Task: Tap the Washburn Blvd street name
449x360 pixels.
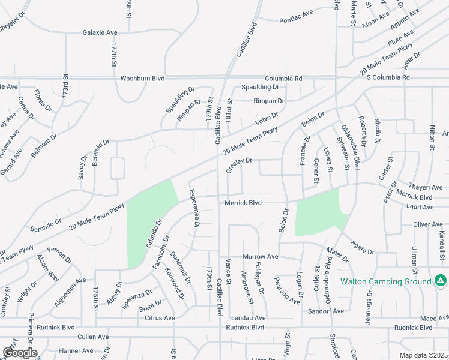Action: [142, 78]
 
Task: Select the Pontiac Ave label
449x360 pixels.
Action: [296, 20]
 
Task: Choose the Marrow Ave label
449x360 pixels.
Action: [261, 257]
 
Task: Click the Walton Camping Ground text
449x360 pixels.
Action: [385, 281]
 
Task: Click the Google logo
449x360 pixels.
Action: [19, 353]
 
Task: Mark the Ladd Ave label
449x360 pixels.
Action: [420, 207]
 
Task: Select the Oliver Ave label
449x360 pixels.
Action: [428, 224]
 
